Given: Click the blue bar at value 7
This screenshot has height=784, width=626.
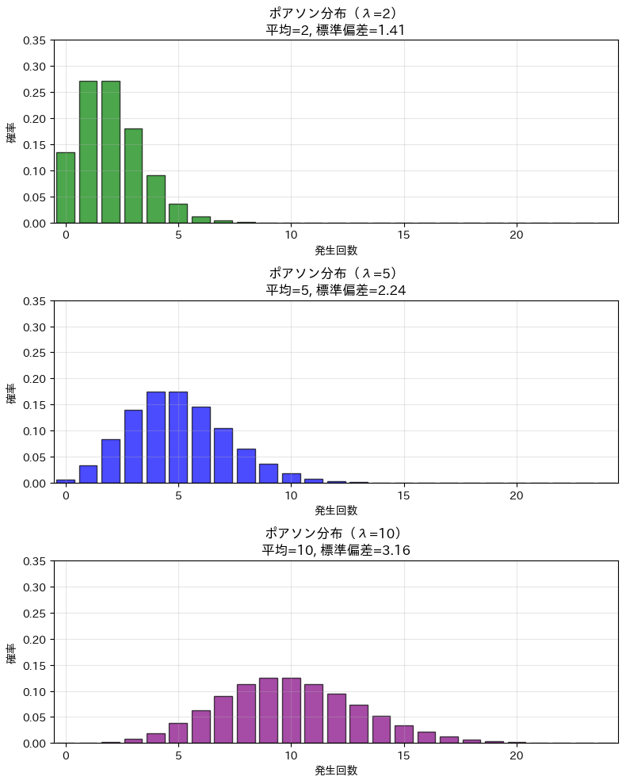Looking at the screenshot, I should pos(223,456).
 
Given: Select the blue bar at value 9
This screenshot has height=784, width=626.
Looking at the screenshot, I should pos(269,473).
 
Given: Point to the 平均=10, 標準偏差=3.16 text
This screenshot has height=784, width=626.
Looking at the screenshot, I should pos(336,550).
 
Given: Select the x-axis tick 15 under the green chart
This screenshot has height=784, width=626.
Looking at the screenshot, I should pos(404,235).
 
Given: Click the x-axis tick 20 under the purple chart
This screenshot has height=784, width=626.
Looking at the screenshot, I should pos(517,755).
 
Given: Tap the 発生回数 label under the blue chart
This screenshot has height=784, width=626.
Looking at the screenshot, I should pos(336,511).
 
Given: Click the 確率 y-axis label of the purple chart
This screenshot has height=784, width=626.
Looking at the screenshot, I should pos(11,652).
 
